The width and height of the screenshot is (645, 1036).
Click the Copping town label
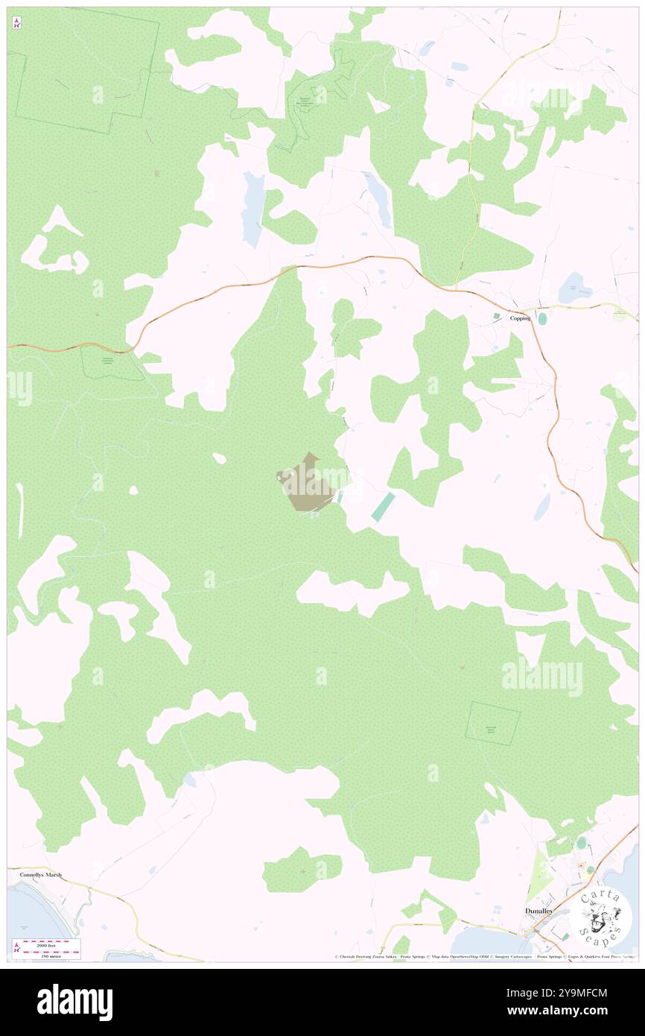pos(520,318)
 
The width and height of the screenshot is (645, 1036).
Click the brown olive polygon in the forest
pos(308,485)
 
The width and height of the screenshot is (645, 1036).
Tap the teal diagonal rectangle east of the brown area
pos(383,507)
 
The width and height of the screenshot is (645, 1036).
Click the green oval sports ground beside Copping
pos(541,318)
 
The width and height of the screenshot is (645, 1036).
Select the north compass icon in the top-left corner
pos(16,24)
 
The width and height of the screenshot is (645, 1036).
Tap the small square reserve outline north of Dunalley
pos(493,723)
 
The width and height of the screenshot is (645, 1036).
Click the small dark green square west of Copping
pos(497,316)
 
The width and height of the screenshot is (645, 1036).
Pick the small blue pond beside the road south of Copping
pos(541,507)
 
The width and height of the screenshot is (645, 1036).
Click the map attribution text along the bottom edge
pos(484,956)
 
